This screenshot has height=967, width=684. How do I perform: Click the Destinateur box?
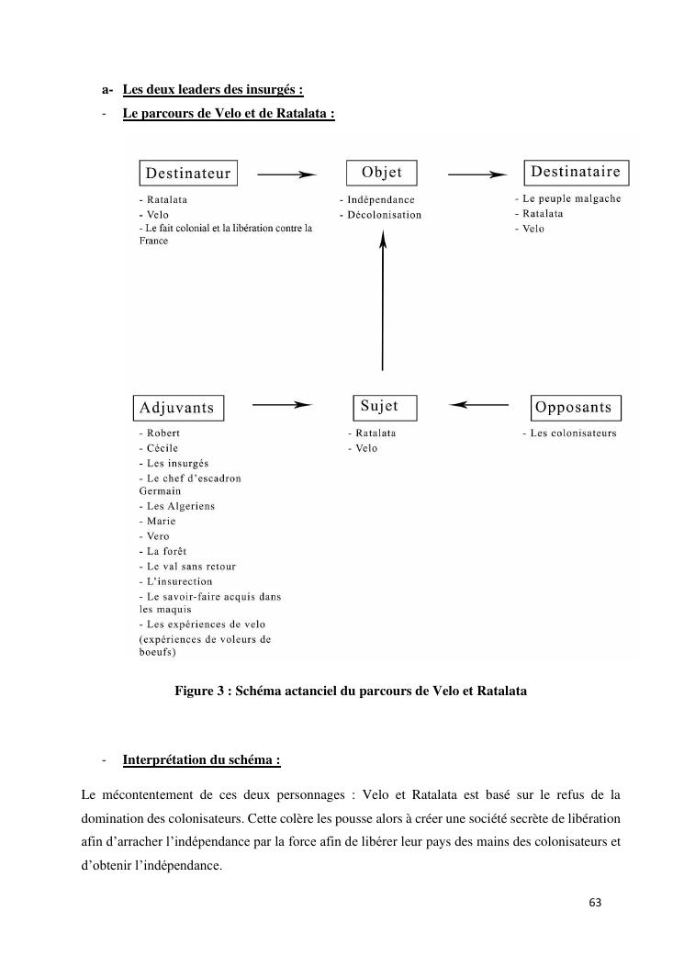[x=188, y=173]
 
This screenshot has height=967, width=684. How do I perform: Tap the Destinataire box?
[x=576, y=172]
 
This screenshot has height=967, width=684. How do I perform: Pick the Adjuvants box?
[x=177, y=408]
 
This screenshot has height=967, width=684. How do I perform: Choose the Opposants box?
[x=577, y=407]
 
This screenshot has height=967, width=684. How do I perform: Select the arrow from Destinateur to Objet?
[x=286, y=174]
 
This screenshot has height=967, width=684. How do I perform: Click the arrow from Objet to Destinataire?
[x=477, y=174]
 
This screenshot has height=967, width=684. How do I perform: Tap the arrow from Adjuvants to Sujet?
[x=283, y=404]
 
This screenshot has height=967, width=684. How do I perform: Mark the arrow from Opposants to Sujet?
[x=480, y=404]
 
